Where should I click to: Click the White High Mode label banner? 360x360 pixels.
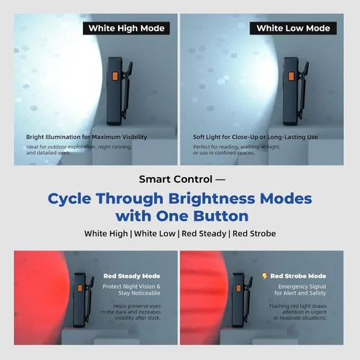126,28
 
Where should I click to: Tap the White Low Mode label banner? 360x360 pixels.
293,28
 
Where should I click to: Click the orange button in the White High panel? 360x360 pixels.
115,76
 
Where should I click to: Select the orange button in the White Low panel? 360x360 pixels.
291,76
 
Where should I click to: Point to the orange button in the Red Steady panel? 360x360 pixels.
80,288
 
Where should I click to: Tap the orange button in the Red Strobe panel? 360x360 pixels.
238,288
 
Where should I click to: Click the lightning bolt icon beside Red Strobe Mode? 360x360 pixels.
265,276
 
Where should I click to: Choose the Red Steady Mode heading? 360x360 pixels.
132,276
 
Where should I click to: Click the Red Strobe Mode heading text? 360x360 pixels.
298,276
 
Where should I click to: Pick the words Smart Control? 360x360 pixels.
176,179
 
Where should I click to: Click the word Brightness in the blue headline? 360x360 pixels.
212,199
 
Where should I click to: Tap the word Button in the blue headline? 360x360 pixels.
221,216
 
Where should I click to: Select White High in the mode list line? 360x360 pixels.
106,233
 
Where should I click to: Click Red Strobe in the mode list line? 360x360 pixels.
254,233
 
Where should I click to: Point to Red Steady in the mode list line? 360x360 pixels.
204,233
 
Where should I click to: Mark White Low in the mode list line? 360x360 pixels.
155,233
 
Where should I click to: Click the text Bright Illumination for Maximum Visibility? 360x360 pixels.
86,137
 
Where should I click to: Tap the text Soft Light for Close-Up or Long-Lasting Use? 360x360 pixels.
256,137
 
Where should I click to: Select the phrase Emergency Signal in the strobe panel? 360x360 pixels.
302,287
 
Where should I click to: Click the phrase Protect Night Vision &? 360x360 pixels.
131,287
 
